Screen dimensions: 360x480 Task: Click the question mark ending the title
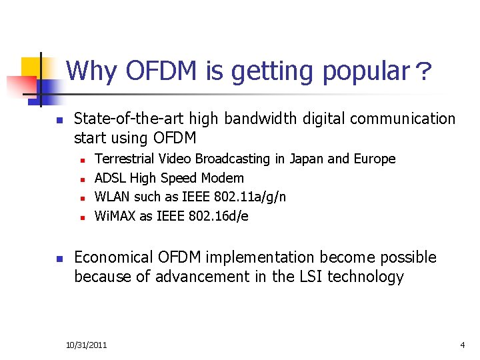[x=423, y=71]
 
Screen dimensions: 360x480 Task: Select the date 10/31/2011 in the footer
[x=87, y=345]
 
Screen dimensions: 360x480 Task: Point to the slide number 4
[x=462, y=345]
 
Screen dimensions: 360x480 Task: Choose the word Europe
[x=373, y=159]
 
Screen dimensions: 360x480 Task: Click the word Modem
[x=222, y=178]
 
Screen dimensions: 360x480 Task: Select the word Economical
[x=113, y=257]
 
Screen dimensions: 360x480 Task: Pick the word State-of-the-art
[x=129, y=119]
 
